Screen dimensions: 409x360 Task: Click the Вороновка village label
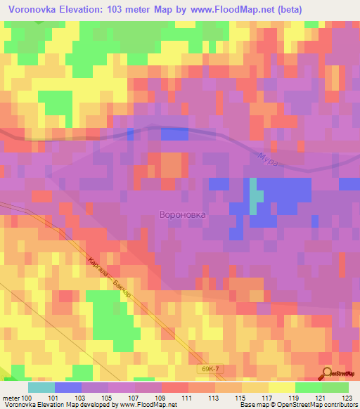tap(183, 216)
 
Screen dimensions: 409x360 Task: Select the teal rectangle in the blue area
tap(253, 196)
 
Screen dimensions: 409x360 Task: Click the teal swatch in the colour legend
tap(41, 387)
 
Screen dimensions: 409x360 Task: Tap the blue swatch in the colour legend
tap(68, 387)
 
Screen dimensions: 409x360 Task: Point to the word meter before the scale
tap(12, 398)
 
